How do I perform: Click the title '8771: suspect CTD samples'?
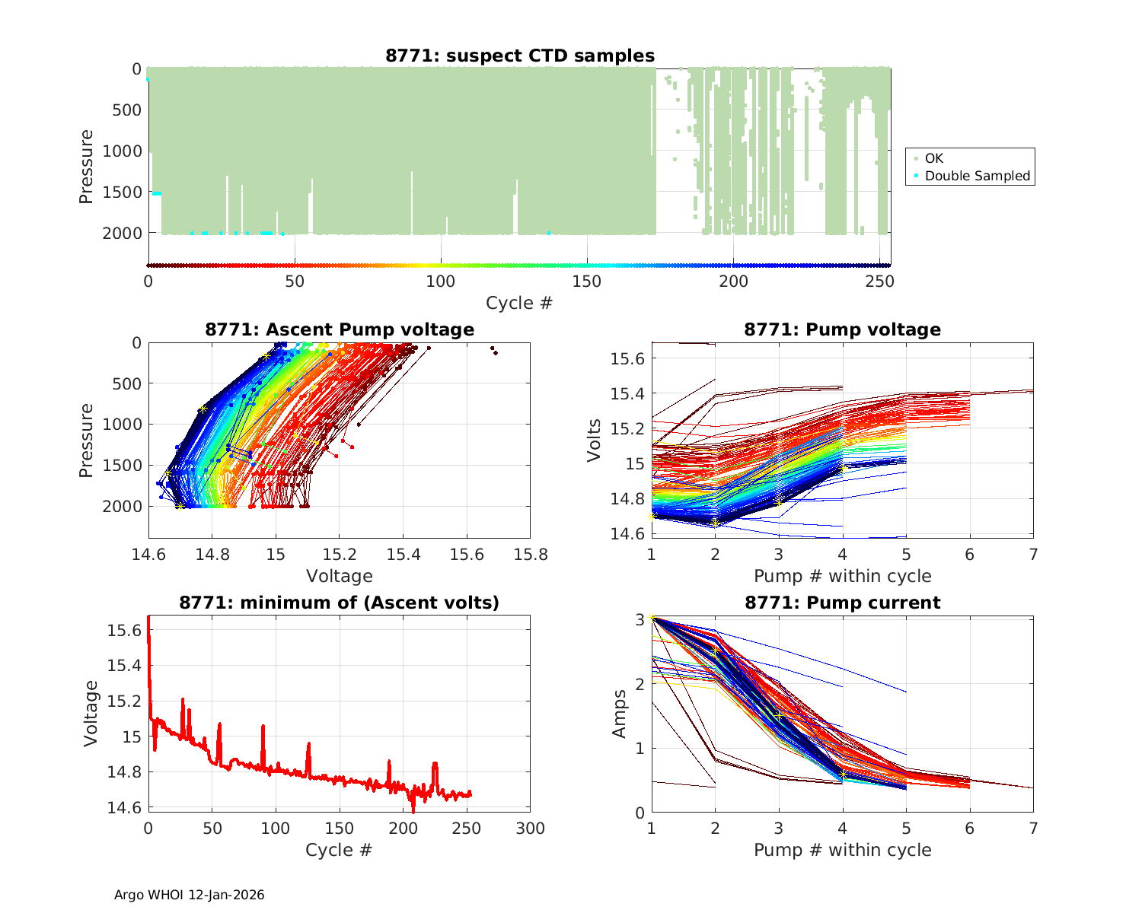[520, 56]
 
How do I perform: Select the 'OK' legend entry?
[933, 158]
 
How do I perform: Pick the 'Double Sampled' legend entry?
[977, 176]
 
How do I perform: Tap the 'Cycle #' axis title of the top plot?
[519, 303]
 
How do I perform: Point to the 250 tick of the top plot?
[879, 282]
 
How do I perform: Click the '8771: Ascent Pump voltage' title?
[340, 329]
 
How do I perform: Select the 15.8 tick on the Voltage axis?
[530, 555]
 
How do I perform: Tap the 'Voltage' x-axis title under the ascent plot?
[340, 576]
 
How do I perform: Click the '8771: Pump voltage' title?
[842, 329]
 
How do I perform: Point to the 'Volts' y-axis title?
[594, 441]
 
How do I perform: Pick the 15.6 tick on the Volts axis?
[627, 358]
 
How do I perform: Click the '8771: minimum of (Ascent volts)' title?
[340, 603]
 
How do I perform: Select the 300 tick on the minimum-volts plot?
[530, 829]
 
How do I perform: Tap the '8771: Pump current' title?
[842, 603]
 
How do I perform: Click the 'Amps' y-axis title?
[620, 714]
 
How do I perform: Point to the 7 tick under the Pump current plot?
[1032, 829]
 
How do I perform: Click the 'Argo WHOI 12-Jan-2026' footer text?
[189, 895]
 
